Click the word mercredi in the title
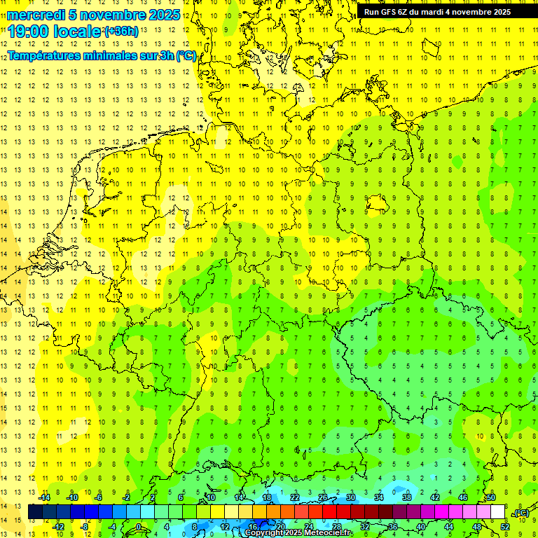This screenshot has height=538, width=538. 36,15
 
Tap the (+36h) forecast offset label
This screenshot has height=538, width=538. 121,32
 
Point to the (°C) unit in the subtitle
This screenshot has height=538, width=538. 186,55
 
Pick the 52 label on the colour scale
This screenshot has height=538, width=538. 505,526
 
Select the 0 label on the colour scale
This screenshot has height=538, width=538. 139,526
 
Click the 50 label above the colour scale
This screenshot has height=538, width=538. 491,497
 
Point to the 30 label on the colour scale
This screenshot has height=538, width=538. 351,497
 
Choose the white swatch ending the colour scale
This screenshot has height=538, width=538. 497,512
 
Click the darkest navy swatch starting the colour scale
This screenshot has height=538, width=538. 35,512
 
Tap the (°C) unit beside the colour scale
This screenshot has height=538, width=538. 520,512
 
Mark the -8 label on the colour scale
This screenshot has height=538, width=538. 83,526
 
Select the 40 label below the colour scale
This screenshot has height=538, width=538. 421,526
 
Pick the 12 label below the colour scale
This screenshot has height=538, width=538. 224,526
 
